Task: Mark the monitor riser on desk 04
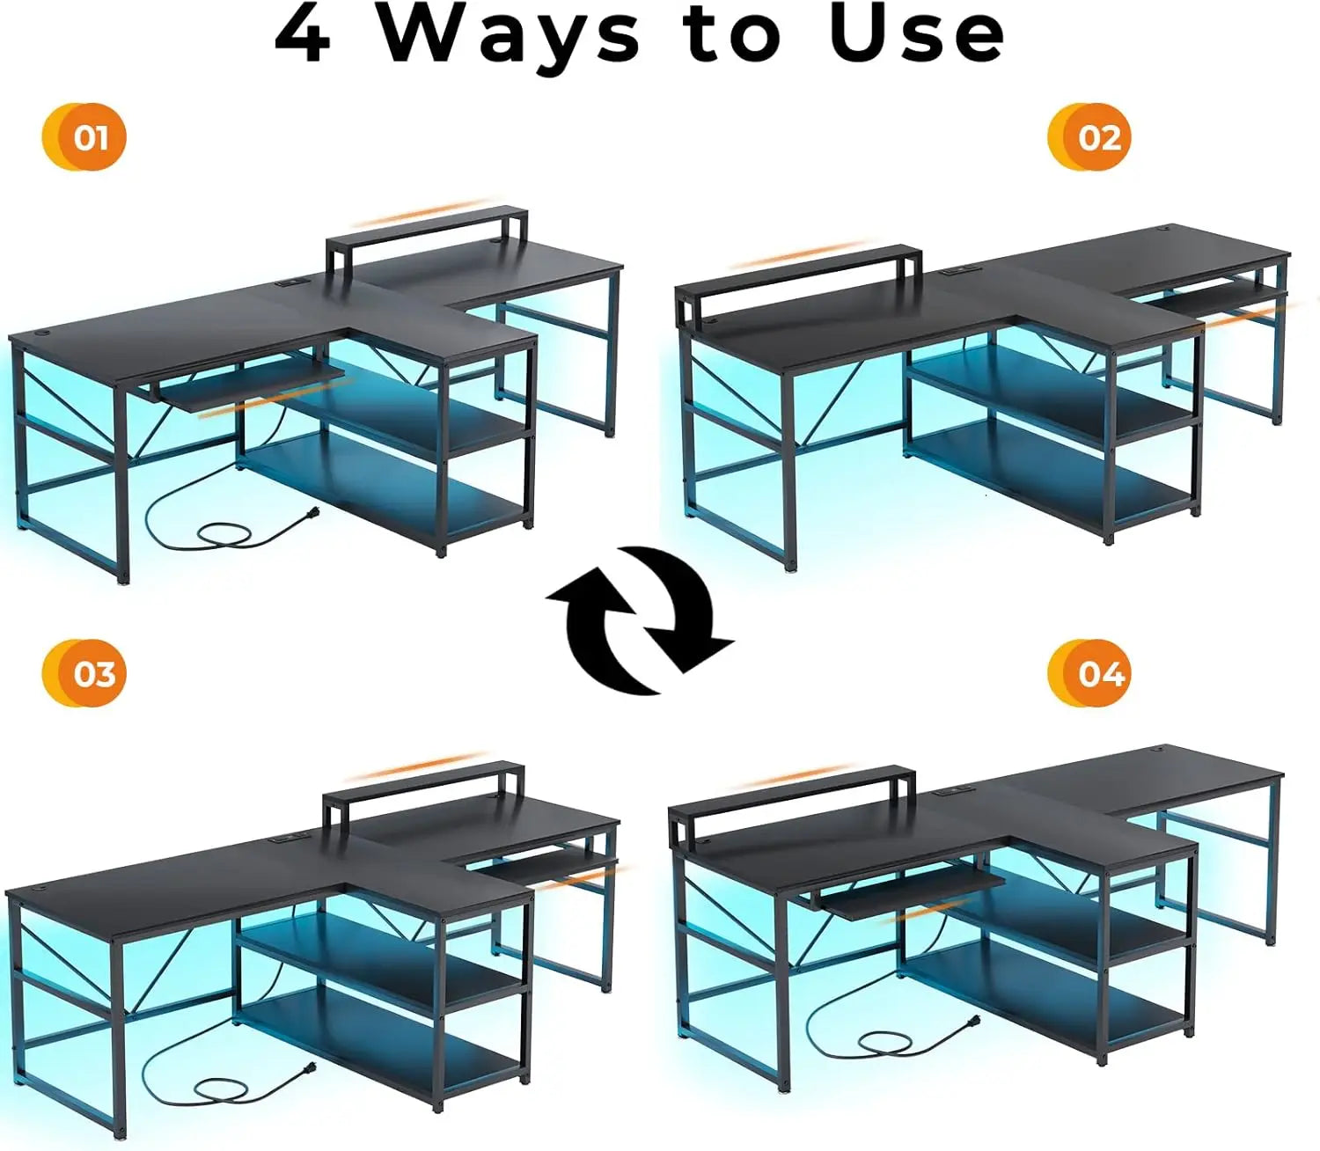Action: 792,788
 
